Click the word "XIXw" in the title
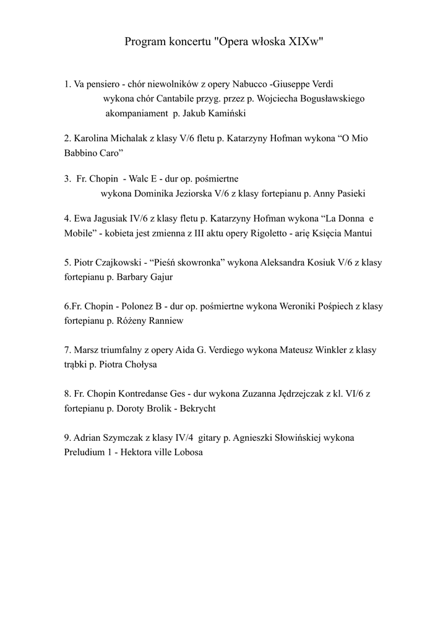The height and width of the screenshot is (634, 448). pyautogui.click(x=306, y=42)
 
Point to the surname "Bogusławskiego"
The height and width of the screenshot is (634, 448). pyautogui.click(x=327, y=98)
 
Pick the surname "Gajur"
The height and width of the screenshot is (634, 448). pyautogui.click(x=160, y=277)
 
